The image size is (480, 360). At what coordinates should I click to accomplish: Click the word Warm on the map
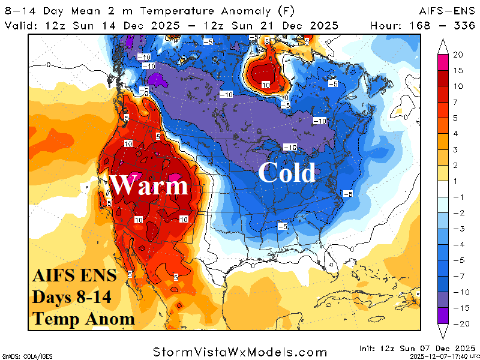(x=149, y=185)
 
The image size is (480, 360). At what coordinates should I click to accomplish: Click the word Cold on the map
(x=286, y=173)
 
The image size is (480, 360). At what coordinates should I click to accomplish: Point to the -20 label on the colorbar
(x=458, y=323)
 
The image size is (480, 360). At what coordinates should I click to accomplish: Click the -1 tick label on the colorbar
(x=457, y=197)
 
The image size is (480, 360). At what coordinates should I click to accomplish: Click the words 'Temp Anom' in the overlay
(x=83, y=318)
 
